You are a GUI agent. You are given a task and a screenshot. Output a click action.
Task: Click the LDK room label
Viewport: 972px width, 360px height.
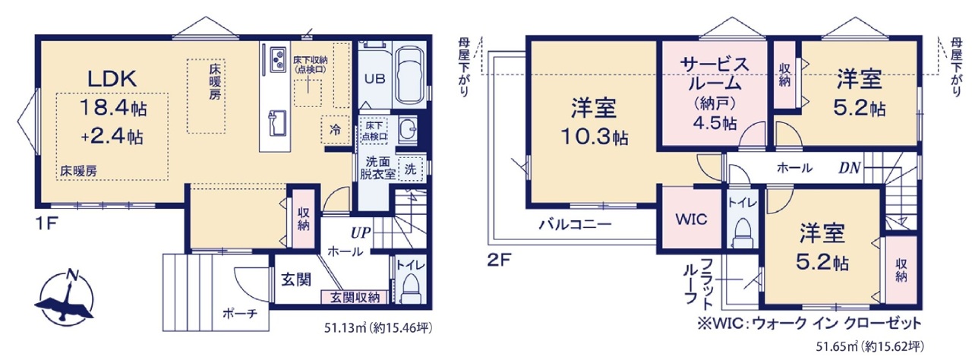(x=112, y=79)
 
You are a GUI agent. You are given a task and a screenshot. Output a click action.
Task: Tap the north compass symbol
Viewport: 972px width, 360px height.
(x=65, y=298)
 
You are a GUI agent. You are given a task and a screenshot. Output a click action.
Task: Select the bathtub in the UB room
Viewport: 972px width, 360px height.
(x=409, y=77)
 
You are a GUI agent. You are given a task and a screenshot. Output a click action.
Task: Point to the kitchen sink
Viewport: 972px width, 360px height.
(x=276, y=123)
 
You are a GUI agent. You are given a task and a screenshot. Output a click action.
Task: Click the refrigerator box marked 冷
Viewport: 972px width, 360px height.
(x=336, y=129)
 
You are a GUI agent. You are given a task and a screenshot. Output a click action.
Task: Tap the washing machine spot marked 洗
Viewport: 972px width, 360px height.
(x=410, y=169)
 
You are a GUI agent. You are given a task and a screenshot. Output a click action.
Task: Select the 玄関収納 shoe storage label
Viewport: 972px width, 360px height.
(x=355, y=297)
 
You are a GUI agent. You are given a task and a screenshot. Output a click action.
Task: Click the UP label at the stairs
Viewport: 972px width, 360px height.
(x=361, y=233)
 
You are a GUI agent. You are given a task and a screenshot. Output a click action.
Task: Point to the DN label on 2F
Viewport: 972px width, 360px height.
(x=849, y=168)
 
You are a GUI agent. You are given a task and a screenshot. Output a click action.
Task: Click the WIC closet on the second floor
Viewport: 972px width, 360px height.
(x=691, y=219)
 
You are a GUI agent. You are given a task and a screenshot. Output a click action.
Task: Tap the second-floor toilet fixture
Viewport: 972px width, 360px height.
(x=742, y=232)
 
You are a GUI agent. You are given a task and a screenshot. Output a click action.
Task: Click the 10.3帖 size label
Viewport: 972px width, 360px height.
(x=594, y=137)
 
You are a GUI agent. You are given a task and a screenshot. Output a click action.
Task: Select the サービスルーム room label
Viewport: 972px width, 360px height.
(x=715, y=74)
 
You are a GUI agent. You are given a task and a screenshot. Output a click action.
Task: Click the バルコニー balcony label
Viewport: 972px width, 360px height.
(x=576, y=224)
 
